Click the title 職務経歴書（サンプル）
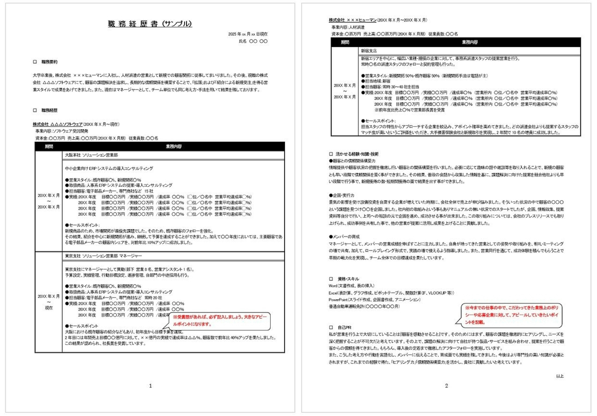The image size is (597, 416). click(x=150, y=24)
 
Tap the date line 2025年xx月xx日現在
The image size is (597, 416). click(x=248, y=34)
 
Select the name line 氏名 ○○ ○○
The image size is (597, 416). click(x=253, y=41)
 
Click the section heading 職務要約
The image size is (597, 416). click(x=49, y=62)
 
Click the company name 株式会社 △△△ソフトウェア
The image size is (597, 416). click(x=58, y=124)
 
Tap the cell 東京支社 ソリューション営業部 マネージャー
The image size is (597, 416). click(x=103, y=256)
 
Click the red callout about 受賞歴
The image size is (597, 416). click(x=220, y=321)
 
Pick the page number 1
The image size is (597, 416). click(x=150, y=386)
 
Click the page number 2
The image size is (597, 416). click(x=447, y=386)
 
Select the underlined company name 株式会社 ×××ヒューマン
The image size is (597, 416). click(x=352, y=20)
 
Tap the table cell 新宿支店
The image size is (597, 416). click(x=369, y=51)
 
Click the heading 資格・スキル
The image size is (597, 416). click(x=348, y=279)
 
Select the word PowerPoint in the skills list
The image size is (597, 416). click(x=338, y=300)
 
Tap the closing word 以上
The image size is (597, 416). click(x=560, y=376)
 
